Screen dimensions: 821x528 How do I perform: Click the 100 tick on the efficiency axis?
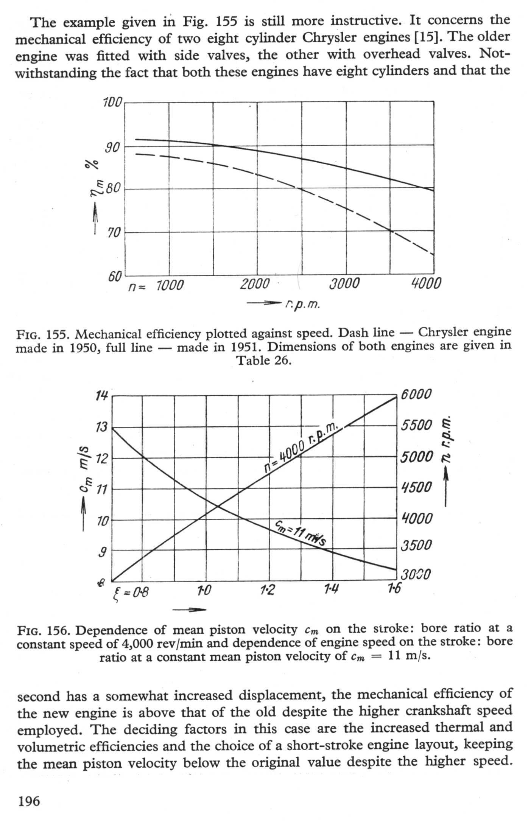click(x=112, y=103)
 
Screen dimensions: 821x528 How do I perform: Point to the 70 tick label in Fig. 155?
click(x=113, y=233)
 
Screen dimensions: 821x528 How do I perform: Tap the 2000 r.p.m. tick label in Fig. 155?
click(x=255, y=284)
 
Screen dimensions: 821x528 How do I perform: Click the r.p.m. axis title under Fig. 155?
click(x=303, y=304)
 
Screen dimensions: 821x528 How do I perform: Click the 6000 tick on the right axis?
click(x=416, y=394)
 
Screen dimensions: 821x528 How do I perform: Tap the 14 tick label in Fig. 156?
click(x=101, y=396)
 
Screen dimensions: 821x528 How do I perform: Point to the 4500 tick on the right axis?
click(x=416, y=487)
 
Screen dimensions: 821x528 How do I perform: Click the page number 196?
click(x=28, y=801)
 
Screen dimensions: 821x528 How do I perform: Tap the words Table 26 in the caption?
click(x=264, y=361)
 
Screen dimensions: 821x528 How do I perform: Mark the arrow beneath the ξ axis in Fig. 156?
click(x=189, y=610)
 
